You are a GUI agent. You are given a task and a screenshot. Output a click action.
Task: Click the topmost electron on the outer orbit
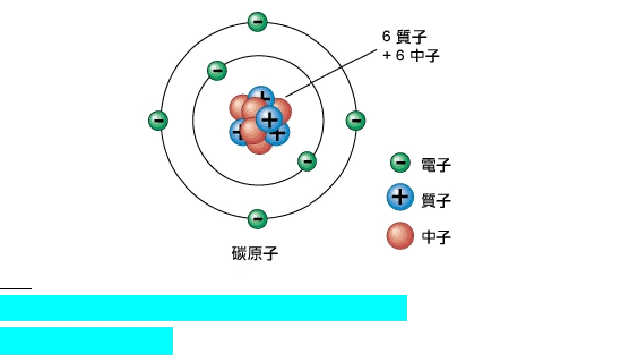pos(257,21)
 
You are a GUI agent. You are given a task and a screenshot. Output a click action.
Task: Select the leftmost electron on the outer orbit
pos(158,120)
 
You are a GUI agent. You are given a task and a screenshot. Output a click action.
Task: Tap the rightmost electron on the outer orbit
pos(355,120)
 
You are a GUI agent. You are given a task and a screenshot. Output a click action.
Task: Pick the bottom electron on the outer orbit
pos(257,218)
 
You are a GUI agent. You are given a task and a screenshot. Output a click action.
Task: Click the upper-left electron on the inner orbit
pos(217,70)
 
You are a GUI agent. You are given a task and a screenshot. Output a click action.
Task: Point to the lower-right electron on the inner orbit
pos(307,161)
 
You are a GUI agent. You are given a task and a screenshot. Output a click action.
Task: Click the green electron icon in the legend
pos(400,163)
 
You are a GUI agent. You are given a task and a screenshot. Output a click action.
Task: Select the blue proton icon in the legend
pos(400,196)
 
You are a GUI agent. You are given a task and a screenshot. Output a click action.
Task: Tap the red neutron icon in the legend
pos(400,236)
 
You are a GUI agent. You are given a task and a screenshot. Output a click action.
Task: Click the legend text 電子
pos(435,164)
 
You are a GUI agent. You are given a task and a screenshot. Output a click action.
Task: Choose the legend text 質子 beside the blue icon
pos(435,200)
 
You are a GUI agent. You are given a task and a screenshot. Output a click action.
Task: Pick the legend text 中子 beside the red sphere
pos(435,237)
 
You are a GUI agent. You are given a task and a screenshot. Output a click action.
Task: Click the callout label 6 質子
pos(404,36)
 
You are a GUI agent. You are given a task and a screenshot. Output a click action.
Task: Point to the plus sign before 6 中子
pos(387,56)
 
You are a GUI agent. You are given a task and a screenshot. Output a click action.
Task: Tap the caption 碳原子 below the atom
pos(255,253)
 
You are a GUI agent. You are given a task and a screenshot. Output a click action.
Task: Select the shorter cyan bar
pos(86,340)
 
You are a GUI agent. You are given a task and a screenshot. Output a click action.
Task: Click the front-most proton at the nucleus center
pos(268,118)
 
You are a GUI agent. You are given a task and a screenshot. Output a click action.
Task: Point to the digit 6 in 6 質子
pos(387,36)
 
